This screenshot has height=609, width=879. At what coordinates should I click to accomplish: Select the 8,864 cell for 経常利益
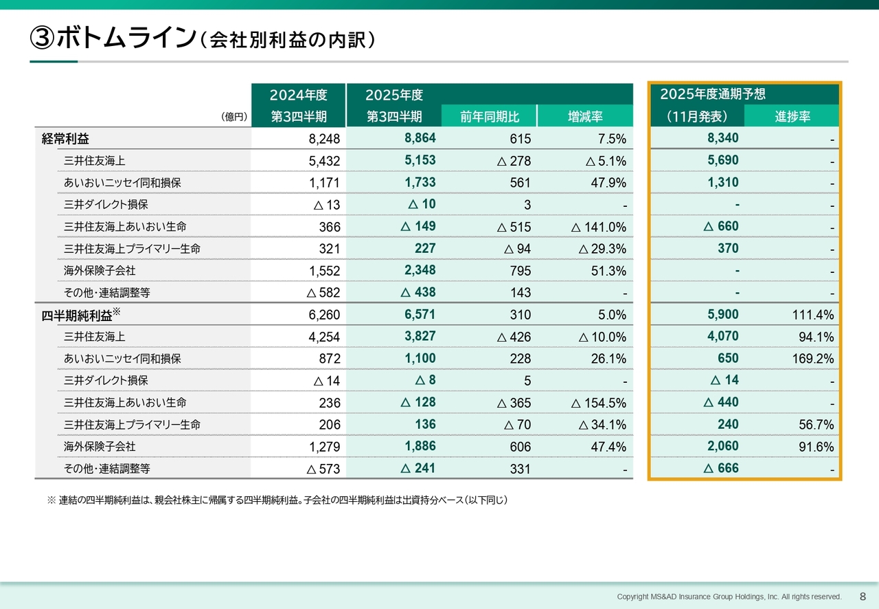(x=420, y=138)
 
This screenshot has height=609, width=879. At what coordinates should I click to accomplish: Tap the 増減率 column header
(x=584, y=116)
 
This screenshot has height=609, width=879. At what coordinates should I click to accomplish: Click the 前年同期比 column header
(x=488, y=116)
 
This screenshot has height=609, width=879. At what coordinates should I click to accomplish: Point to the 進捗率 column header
(x=792, y=116)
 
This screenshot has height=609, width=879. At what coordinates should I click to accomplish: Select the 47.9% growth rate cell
(x=607, y=183)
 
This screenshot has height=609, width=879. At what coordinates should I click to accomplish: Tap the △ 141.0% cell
(x=598, y=227)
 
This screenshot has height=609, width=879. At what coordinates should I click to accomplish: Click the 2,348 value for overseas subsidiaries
(x=420, y=270)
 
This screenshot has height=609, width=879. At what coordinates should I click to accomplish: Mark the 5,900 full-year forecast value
(x=722, y=314)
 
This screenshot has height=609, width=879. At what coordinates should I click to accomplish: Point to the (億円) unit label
(x=234, y=118)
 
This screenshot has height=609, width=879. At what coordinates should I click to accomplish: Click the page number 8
(x=863, y=596)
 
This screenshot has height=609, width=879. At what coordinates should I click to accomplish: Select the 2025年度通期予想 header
(x=712, y=94)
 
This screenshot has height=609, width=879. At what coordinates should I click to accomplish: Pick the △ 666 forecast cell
(x=721, y=468)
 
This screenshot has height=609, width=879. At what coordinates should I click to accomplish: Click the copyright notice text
(x=729, y=597)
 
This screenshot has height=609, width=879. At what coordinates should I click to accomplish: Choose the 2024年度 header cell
(x=298, y=94)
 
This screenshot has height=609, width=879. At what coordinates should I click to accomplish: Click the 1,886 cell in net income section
(x=420, y=446)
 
